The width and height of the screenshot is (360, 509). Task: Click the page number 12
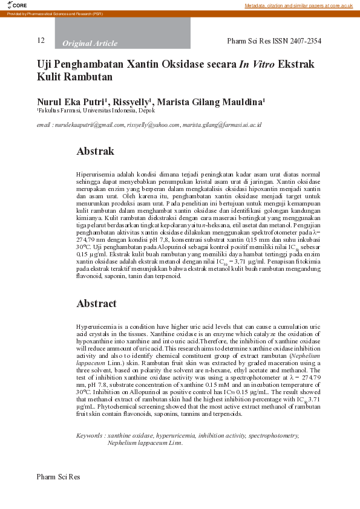click(41, 41)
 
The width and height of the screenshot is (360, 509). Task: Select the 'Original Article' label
click(90, 44)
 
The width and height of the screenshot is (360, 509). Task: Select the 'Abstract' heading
click(96, 303)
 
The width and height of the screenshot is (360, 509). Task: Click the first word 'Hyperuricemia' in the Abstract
click(95, 326)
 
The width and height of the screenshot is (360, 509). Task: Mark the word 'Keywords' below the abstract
click(88, 435)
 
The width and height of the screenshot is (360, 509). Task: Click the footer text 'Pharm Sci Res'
click(58, 477)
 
